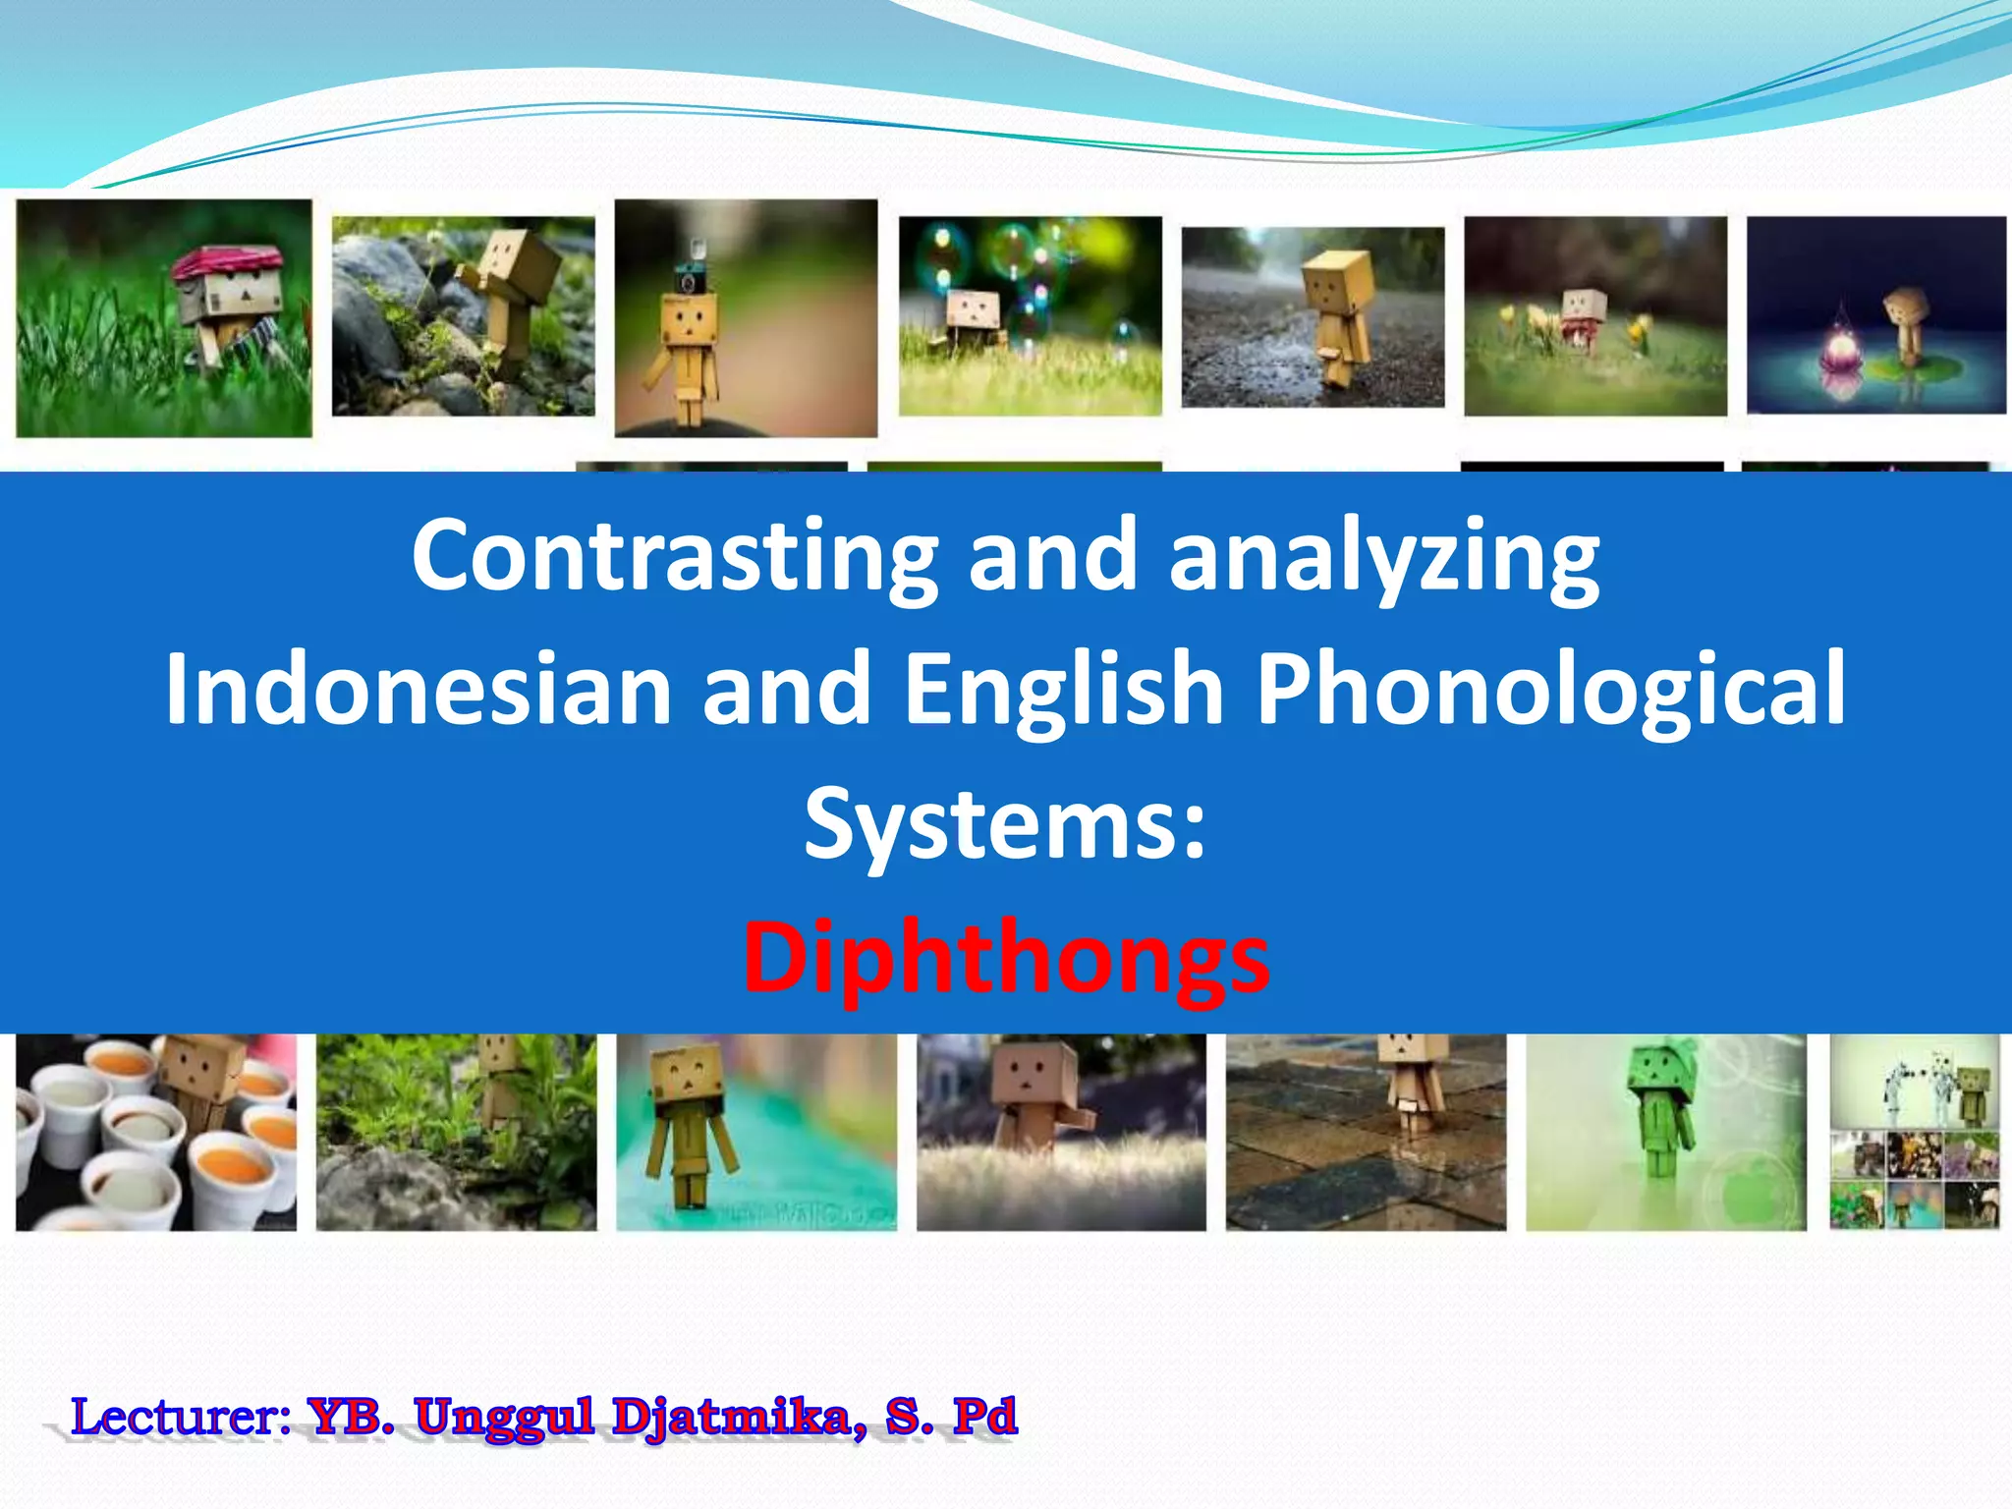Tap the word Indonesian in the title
point(418,689)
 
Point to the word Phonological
point(1551,689)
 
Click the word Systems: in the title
point(1004,823)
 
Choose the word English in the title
point(1063,689)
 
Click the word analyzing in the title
point(1383,555)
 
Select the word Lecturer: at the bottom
point(181,1417)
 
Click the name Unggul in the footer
point(504,1417)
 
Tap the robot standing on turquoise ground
point(688,1120)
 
